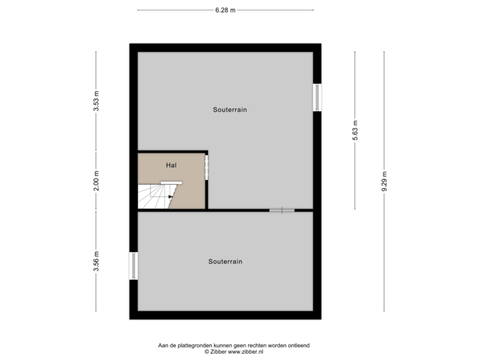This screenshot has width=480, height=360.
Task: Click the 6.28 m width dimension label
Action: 225,10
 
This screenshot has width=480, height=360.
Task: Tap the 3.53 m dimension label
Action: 96,101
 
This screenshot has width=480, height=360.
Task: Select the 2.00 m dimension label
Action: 96,181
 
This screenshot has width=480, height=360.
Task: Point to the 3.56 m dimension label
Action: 96,262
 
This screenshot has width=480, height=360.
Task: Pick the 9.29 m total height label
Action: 384,181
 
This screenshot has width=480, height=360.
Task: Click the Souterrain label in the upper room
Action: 230,109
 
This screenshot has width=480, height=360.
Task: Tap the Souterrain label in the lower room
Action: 225,261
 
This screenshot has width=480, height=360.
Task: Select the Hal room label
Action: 171,164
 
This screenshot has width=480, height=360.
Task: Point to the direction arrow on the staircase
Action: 170,197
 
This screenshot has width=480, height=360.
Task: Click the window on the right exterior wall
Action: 318,97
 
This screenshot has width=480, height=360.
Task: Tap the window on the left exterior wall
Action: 133,266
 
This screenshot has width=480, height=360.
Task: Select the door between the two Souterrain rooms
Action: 282,211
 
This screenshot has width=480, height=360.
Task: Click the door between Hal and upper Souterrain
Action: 207,167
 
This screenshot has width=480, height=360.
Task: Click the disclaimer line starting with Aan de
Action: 233,345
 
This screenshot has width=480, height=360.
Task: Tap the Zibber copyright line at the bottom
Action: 233,351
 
